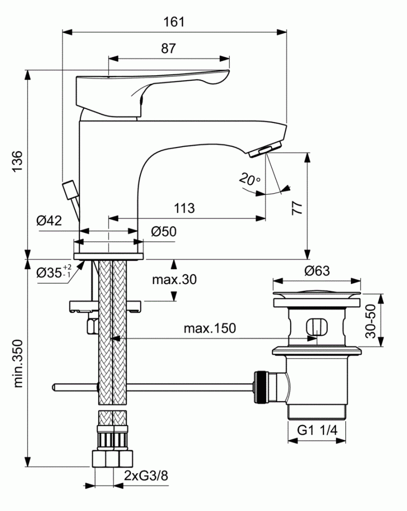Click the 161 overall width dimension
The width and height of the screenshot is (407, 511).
point(174,22)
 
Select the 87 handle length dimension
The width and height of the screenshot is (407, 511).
point(169,49)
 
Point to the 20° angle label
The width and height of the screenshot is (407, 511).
point(249,179)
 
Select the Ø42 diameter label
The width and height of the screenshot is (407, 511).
point(49,221)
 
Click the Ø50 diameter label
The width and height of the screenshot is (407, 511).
point(163,231)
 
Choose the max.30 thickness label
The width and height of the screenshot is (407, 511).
point(174,280)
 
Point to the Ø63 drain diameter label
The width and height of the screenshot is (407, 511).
point(317,271)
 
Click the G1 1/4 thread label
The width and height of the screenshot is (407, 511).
point(318,431)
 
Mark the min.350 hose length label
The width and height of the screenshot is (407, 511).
point(17,363)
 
